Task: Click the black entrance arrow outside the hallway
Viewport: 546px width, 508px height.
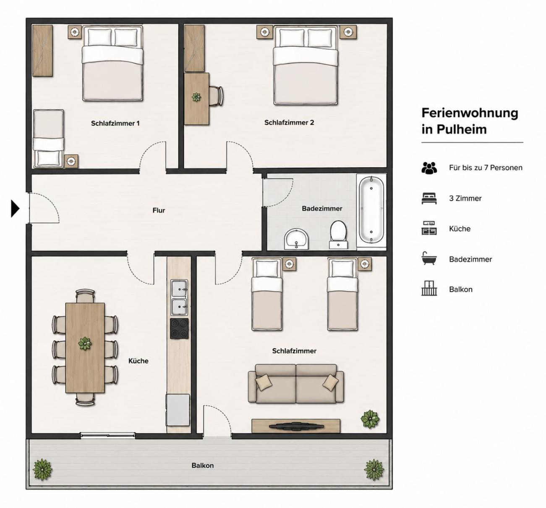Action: coord(15,209)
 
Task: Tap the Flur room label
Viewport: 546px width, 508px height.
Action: coord(159,211)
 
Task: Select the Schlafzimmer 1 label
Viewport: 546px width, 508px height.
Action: coord(115,124)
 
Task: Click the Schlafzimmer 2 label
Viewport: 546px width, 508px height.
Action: coord(289,123)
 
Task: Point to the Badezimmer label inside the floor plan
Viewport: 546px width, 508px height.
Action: coord(322,208)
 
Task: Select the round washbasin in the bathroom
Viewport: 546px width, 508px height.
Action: coord(297,239)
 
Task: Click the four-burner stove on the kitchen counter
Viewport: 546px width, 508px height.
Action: coord(179,329)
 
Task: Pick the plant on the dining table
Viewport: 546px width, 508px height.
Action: coord(85,344)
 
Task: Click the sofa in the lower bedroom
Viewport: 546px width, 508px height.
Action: coord(296,384)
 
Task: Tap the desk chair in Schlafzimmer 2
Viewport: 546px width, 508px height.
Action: coord(216,96)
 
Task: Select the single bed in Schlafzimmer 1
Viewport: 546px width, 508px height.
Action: coord(48,139)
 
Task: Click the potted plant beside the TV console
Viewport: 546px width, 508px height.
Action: coord(370,419)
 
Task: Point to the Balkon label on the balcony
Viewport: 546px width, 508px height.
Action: coord(203,465)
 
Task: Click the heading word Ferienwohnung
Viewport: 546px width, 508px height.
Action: coord(470,113)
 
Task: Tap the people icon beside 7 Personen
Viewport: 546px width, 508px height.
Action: coord(429,168)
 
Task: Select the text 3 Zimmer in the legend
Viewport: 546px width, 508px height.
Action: coord(465,198)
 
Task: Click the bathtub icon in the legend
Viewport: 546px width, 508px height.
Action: coord(429,258)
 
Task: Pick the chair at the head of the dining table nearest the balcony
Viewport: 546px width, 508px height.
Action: coord(86,399)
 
